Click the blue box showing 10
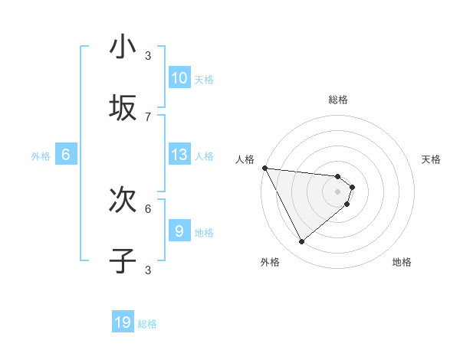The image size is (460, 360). coord(179,78)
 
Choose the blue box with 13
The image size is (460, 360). coord(179,155)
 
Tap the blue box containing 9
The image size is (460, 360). coord(179,231)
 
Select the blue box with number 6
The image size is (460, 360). coord(66,155)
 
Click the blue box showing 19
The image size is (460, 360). coord(123,322)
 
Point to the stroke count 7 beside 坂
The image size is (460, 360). coord(148,116)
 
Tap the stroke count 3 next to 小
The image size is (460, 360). coord(148,55)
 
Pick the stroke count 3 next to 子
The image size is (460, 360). coord(148,270)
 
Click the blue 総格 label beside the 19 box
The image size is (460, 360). coord(147,324)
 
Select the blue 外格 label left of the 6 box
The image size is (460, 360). coord(41,156)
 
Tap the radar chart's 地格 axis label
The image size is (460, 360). coord(402,262)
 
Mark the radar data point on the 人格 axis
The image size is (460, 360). coord(264,168)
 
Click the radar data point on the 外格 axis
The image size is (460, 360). coord(301,241)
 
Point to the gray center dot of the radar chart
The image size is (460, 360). coord(338,191)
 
